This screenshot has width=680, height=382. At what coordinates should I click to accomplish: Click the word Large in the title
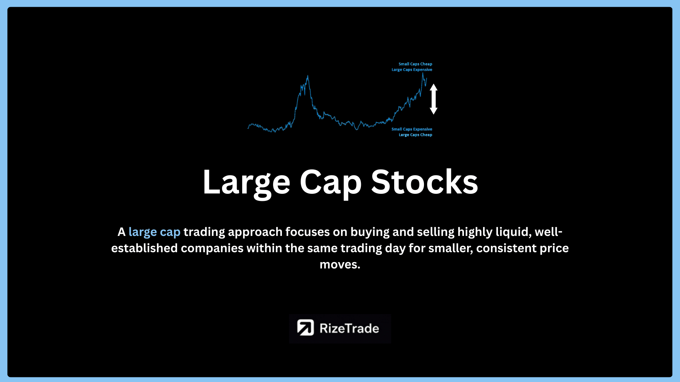tap(246, 183)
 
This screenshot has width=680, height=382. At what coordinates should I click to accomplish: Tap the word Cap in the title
tap(330, 183)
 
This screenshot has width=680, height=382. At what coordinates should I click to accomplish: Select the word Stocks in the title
tap(425, 181)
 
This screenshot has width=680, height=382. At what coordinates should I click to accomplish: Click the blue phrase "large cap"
tap(154, 232)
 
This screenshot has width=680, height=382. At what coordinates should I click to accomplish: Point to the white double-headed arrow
tap(433, 99)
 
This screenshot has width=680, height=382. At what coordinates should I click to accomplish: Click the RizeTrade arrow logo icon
tap(305, 328)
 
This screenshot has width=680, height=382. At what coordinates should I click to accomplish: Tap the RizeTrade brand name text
tap(349, 328)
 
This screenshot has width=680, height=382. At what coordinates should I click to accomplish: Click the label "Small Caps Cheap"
tap(415, 64)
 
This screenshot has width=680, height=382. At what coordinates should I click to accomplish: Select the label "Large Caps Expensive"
tap(412, 70)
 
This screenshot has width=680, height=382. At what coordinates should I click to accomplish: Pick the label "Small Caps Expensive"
tap(412, 129)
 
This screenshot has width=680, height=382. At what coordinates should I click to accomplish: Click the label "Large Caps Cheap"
tap(415, 135)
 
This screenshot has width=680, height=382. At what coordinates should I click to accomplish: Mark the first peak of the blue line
tap(307, 75)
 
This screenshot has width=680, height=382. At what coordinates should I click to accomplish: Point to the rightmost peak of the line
tap(423, 73)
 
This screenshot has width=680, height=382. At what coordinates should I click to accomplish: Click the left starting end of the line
tap(248, 128)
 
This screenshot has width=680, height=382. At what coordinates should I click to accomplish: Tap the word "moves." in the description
tap(340, 265)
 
